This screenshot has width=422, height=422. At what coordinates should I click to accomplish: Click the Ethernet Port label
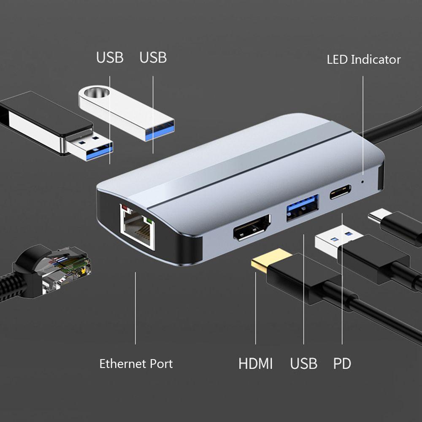click(x=136, y=363)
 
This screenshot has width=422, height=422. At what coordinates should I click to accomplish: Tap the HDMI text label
click(x=255, y=363)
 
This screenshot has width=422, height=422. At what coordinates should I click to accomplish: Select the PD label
click(x=342, y=363)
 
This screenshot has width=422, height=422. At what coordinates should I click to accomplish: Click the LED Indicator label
click(x=363, y=60)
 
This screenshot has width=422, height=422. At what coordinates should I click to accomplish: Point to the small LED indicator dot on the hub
click(x=363, y=182)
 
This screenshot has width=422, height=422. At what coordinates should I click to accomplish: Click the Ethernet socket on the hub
click(x=136, y=228)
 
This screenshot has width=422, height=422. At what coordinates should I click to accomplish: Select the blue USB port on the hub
click(x=302, y=206)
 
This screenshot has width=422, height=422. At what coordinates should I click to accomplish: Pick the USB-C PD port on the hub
click(x=340, y=194)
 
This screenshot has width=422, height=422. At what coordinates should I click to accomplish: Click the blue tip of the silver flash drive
click(x=160, y=129)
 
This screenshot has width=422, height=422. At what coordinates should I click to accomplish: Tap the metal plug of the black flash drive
click(x=91, y=146)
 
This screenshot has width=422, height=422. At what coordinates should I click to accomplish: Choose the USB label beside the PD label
click(x=303, y=363)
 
